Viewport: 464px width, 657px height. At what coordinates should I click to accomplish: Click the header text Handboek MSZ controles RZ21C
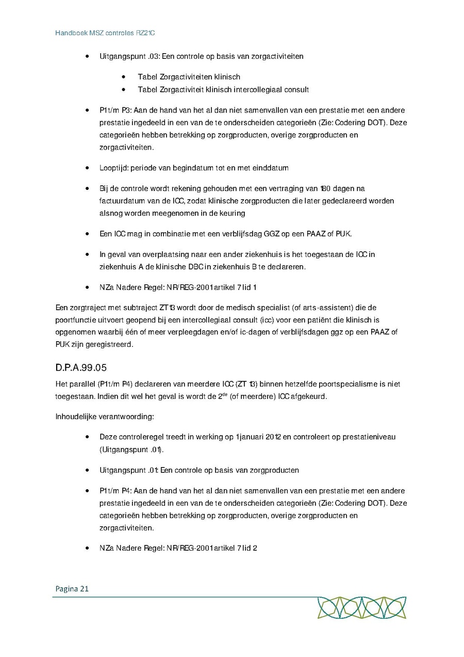click(x=105, y=33)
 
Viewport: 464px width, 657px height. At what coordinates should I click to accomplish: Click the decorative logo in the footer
click(x=361, y=607)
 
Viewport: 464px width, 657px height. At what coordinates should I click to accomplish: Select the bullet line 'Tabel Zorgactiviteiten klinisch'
click(x=189, y=77)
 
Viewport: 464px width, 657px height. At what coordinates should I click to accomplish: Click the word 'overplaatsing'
click(x=155, y=254)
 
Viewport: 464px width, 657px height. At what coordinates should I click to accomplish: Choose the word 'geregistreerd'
click(x=110, y=345)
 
